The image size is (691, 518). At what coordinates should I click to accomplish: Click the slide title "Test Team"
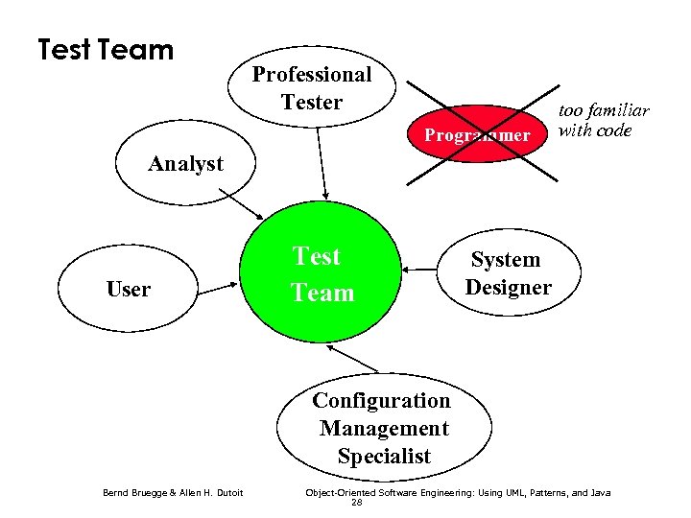click(106, 49)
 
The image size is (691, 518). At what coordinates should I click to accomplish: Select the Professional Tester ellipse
click(312, 88)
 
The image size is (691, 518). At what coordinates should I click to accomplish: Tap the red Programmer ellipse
click(476, 135)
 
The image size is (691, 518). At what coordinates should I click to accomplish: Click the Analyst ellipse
click(185, 164)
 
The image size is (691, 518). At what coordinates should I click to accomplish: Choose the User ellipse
click(129, 289)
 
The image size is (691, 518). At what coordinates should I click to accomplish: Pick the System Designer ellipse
click(508, 273)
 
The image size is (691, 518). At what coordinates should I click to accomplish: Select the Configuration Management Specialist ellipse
click(383, 428)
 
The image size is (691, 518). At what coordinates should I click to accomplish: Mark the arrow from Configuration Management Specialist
click(352, 360)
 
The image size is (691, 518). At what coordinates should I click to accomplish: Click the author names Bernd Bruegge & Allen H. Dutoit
click(173, 493)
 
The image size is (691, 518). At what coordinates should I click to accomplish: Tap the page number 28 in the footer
click(357, 503)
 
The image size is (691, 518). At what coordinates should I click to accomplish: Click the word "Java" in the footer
click(599, 493)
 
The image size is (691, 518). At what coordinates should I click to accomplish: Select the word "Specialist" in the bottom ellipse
click(384, 457)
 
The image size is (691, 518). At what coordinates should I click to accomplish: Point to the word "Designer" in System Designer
click(508, 287)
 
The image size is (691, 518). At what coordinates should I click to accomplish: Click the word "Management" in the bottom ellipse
click(384, 428)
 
